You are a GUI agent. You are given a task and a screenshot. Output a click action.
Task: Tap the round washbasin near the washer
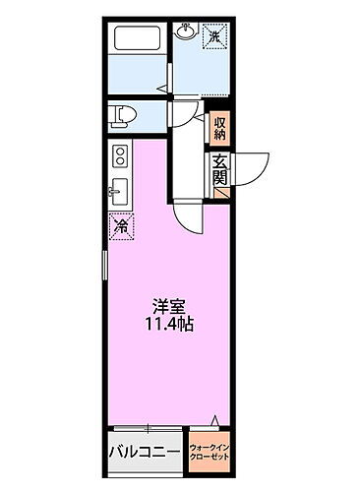186,32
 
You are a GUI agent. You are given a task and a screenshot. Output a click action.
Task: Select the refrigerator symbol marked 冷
120,226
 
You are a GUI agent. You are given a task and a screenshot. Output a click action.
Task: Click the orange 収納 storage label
219,128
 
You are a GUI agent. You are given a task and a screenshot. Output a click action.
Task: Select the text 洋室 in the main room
167,305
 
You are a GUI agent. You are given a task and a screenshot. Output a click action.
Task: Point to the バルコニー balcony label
144,454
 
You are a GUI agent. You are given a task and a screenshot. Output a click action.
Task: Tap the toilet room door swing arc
181,111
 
